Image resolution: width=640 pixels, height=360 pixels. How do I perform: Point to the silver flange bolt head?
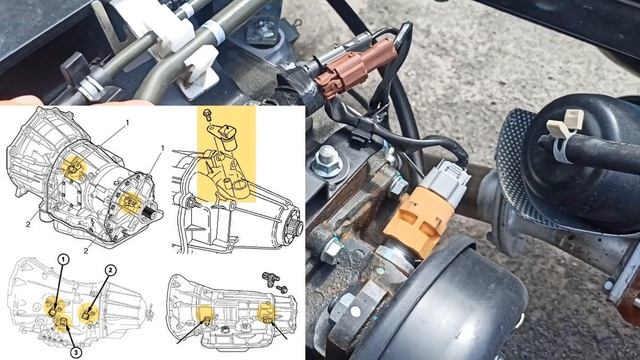(x=329, y=157)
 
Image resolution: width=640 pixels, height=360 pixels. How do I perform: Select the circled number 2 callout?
(x=111, y=270)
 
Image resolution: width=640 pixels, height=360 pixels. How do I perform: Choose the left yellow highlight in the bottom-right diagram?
(x=207, y=319)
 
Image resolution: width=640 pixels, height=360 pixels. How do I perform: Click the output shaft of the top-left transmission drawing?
(x=151, y=212)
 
